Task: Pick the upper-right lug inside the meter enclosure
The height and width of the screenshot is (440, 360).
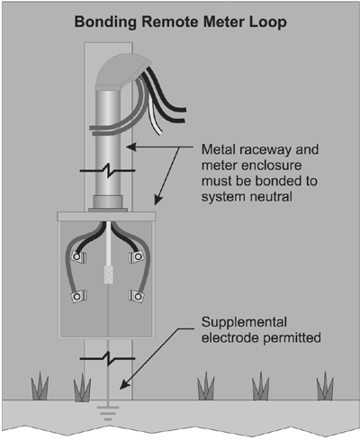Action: pyautogui.click(x=137, y=258)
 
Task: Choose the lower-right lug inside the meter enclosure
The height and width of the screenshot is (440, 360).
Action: pyautogui.click(x=137, y=295)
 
